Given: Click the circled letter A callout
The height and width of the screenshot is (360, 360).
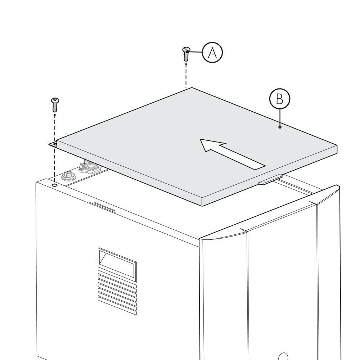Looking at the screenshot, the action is click(x=212, y=52).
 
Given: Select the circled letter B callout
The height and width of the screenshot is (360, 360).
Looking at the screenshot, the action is click(x=280, y=99).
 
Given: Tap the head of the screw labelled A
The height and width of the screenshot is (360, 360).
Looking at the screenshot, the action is click(x=186, y=49).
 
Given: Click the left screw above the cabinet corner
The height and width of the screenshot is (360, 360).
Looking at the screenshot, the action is click(x=55, y=105).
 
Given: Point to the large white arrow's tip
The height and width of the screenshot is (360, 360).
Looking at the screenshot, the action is click(x=200, y=139).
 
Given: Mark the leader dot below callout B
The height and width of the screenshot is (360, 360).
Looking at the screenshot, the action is click(x=280, y=127).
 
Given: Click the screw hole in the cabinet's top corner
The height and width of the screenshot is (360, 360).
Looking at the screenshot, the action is click(x=55, y=185).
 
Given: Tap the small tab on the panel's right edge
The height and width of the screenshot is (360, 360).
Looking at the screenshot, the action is click(x=270, y=180).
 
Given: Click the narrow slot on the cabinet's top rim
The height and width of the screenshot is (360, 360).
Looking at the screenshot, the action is click(x=102, y=207).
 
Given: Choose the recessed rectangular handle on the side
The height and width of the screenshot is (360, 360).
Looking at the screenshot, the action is click(x=117, y=265).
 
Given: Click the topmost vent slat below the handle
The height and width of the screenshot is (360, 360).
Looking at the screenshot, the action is click(x=117, y=279).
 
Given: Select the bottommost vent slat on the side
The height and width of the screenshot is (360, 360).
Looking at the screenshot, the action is click(x=117, y=306).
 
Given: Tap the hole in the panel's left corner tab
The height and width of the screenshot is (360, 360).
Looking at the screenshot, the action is click(x=55, y=144).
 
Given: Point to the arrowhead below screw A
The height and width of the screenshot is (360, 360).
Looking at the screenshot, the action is click(x=186, y=65).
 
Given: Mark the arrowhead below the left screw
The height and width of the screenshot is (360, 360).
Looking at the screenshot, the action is click(x=55, y=115).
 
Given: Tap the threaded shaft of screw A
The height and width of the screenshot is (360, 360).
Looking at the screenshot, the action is click(x=186, y=57).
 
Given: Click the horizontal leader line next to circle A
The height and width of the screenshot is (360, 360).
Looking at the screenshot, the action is click(x=195, y=52).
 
